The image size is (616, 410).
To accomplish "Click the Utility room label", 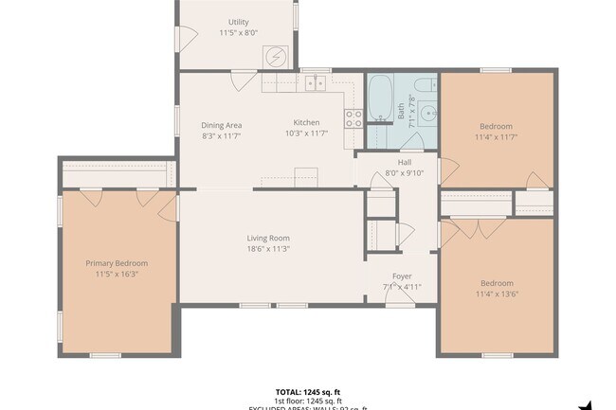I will [x=239, y=22].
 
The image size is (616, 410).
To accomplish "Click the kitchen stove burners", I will [x=354, y=118].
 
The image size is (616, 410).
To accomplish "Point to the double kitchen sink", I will [x=315, y=83].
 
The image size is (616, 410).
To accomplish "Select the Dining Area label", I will [x=221, y=124].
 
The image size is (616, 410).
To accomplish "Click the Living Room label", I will [x=268, y=238].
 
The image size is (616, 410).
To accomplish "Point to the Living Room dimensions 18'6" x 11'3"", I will [x=268, y=249].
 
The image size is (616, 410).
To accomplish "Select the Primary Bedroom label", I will [x=117, y=263].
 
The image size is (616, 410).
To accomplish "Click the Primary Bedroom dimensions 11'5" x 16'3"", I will [x=117, y=275].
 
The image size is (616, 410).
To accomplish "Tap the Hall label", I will [x=405, y=162].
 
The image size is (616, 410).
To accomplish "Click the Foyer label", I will [x=402, y=276].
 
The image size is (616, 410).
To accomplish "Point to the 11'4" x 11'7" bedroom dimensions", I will [x=496, y=137].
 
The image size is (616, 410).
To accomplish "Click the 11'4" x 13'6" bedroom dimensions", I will [x=496, y=294].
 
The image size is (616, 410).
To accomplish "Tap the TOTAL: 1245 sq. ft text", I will [x=307, y=391].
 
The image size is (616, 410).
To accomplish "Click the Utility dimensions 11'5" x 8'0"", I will [x=239, y=33].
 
